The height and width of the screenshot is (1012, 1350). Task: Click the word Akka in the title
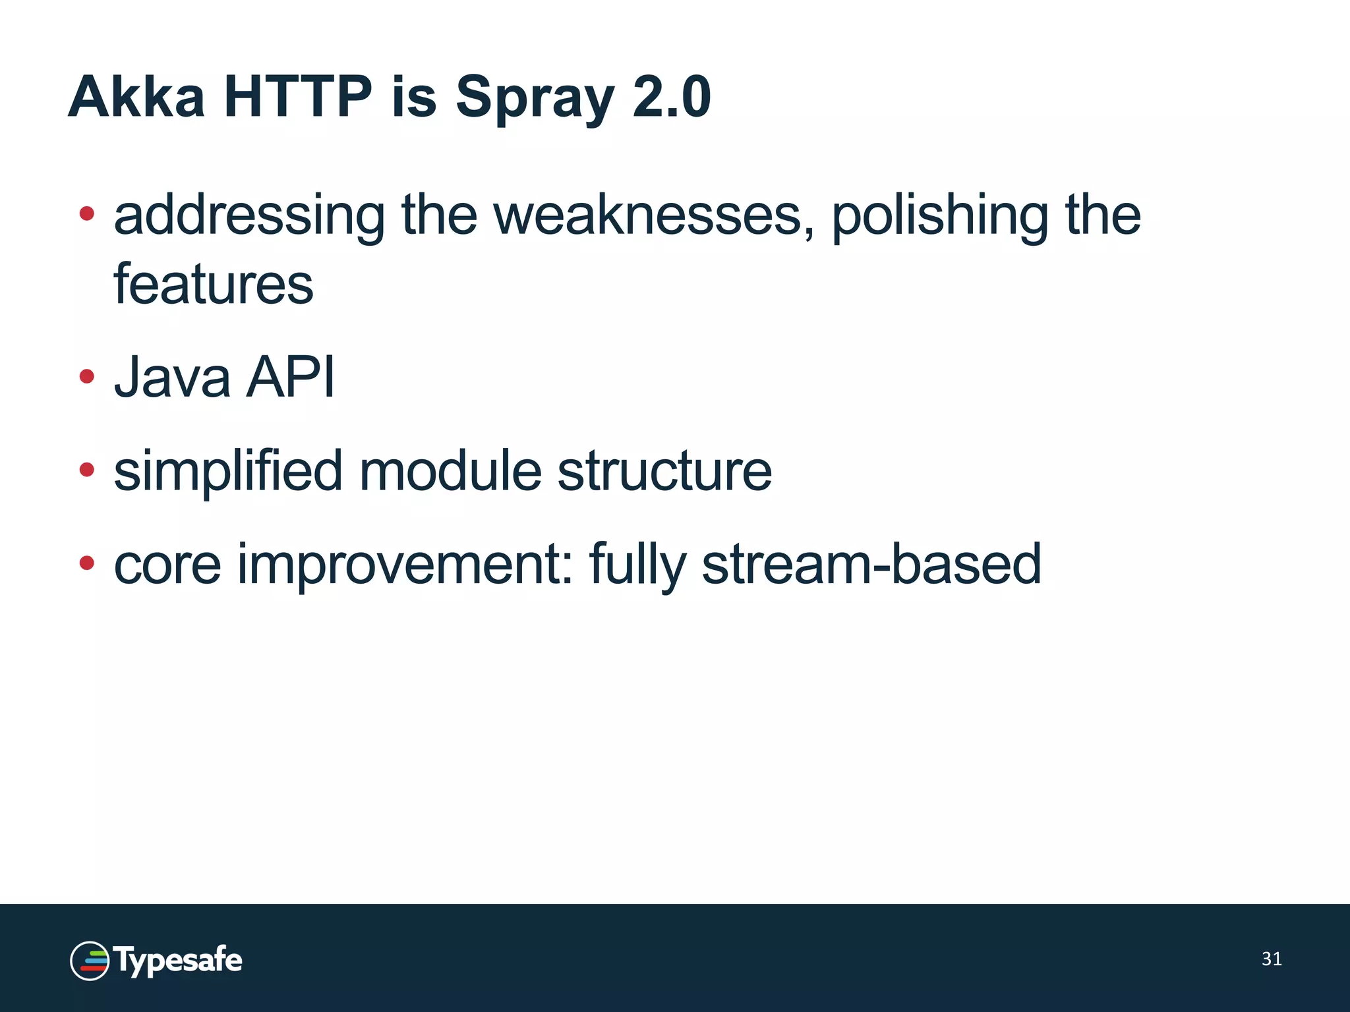pos(136,97)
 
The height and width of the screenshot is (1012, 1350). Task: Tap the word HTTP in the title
pos(298,97)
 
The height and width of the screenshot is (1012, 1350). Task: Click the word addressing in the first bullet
pos(249,216)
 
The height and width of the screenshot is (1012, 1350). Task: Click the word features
pos(214,285)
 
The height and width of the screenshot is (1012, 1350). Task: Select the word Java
pos(172,378)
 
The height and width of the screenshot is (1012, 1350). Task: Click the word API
pos(290,378)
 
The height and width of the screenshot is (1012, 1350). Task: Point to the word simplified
pos(228,472)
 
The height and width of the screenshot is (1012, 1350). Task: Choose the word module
pos(450,472)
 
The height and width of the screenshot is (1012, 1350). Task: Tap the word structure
pos(664,472)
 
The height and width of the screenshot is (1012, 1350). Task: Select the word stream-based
pos(871,564)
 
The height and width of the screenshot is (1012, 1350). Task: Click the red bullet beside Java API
pos(86,376)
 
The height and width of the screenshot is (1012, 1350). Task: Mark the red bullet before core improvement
pos(86,563)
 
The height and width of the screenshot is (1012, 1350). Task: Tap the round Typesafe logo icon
pos(90,961)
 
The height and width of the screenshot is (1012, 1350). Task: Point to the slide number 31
pos(1272,959)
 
